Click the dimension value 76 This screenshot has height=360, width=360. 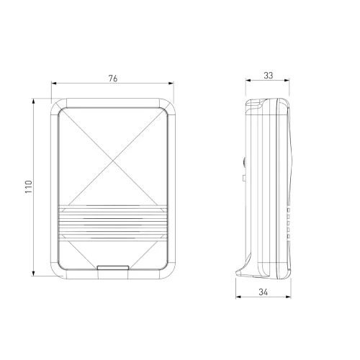pyautogui.click(x=113, y=78)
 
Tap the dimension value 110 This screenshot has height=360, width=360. pyautogui.click(x=28, y=187)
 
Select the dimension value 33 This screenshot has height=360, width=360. pyautogui.click(x=269, y=76)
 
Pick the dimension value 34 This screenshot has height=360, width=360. pyautogui.click(x=263, y=292)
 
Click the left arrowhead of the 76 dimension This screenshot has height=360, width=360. pyautogui.click(x=54, y=84)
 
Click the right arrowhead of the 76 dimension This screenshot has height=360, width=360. pyautogui.click(x=171, y=84)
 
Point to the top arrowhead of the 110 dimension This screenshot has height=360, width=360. pyautogui.click(x=33, y=101)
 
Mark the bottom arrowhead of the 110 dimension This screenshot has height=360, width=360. pyautogui.click(x=33, y=273)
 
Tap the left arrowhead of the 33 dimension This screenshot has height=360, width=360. pyautogui.click(x=248, y=81)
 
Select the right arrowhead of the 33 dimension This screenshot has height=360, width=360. pyautogui.click(x=287, y=81)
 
